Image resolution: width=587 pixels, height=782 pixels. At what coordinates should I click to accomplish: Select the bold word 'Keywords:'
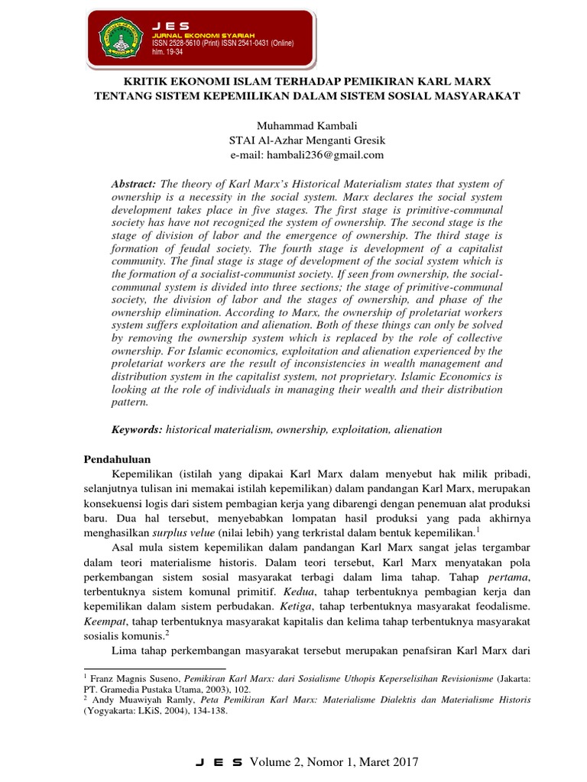click(x=138, y=430)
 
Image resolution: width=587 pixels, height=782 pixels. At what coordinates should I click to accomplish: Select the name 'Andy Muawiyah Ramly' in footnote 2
click(x=128, y=699)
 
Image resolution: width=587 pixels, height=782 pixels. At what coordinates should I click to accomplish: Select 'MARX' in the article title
click(x=474, y=81)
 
